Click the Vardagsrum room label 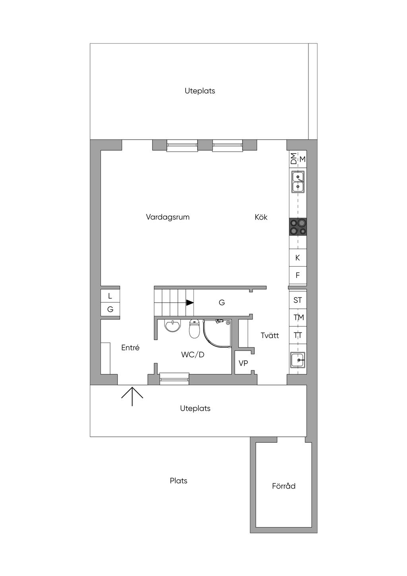pos(167,217)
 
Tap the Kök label pos(261,217)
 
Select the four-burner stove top pos(298,227)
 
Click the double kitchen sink pos(298,181)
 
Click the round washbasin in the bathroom pos(173,326)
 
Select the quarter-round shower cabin pos(217,333)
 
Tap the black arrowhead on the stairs pos(190,303)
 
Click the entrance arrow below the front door pos(132,396)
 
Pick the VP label pos(243,363)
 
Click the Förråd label pos(284,486)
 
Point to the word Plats pos(178,481)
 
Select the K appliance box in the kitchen pos(298,258)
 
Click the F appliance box pos(298,275)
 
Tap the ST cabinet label pos(298,300)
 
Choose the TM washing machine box pos(298,317)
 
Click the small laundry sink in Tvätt pos(298,360)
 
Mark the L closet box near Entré pos(110,296)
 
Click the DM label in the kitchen pos(293,158)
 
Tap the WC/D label pos(193,354)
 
